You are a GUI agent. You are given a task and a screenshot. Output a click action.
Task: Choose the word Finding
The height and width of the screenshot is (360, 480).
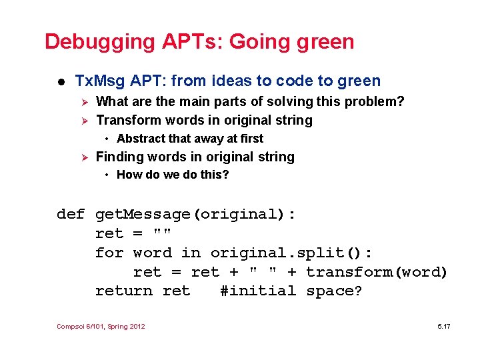click(x=122, y=157)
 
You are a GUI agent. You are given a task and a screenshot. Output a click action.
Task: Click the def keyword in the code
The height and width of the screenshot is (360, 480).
click(x=71, y=215)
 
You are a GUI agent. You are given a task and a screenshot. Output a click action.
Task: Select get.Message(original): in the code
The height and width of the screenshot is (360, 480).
click(x=196, y=215)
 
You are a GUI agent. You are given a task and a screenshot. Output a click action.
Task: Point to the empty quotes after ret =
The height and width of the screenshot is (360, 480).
click(x=162, y=233)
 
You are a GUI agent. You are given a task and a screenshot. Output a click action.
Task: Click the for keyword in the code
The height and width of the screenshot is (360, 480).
click(x=109, y=253)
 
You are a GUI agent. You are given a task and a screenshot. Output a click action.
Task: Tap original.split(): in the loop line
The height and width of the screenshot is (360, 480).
click(x=292, y=253)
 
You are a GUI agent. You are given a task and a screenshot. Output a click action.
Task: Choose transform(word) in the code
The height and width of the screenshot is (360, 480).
click(x=377, y=272)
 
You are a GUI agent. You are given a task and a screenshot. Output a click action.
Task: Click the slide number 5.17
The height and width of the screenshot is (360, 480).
click(x=443, y=326)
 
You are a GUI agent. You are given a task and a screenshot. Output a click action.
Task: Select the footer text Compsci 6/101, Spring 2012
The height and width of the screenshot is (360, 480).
click(x=101, y=326)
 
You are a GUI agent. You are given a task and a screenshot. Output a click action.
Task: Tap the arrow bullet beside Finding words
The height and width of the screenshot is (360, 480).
click(x=83, y=157)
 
